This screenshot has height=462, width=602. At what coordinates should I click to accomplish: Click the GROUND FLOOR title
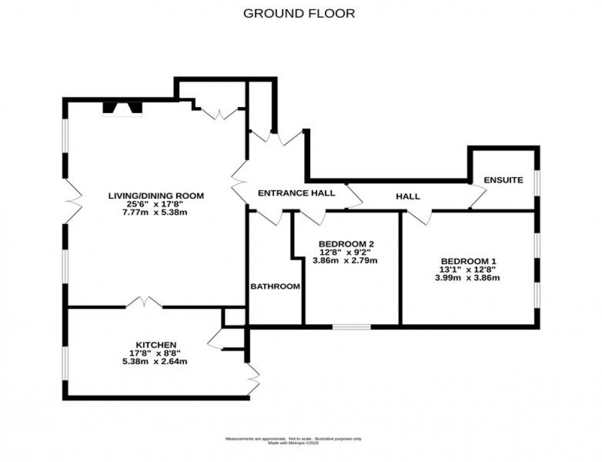pyautogui.click(x=299, y=13)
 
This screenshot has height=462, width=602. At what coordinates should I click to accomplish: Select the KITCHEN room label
pyautogui.click(x=156, y=345)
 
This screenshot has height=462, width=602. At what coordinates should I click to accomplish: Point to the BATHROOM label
pyautogui.click(x=275, y=286)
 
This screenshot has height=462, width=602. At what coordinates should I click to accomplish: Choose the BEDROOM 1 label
pyautogui.click(x=467, y=260)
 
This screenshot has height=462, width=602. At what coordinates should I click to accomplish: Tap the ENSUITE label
pyautogui.click(x=503, y=180)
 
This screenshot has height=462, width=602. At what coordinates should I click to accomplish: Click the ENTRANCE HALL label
pyautogui.click(x=296, y=193)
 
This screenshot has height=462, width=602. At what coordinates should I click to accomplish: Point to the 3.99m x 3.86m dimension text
pyautogui.click(x=467, y=277)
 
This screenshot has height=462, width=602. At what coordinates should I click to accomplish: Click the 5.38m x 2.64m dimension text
pyautogui.click(x=156, y=362)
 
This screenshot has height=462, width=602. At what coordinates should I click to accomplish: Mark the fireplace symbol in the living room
pyautogui.click(x=122, y=109)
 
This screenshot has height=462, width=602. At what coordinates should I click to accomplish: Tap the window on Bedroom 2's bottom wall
pyautogui.click(x=351, y=326)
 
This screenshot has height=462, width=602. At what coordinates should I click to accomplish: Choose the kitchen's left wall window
pyautogui.click(x=65, y=366)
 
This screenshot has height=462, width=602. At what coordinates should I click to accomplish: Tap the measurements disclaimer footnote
pyautogui.click(x=293, y=439)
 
